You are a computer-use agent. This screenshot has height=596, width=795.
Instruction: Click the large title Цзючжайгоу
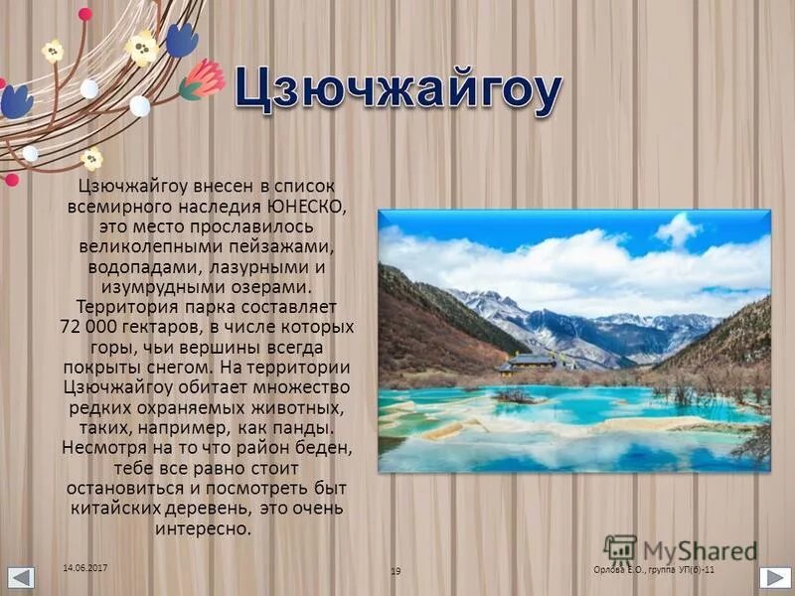(397, 92)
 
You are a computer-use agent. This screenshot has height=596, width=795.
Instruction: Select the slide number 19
(396, 571)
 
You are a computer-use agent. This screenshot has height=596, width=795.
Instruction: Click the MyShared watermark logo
(681, 549)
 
